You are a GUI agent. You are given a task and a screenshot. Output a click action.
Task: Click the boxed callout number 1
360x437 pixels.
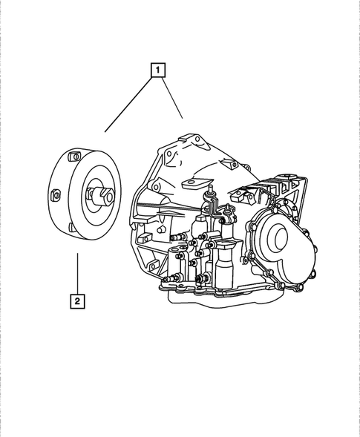point(157,71)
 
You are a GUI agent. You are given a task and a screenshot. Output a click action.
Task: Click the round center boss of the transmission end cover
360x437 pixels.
point(279,239)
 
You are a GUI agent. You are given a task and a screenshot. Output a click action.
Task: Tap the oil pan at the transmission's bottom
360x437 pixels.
point(223,297)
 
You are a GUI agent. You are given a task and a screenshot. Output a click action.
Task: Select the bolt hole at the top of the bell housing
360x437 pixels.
point(189,139)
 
